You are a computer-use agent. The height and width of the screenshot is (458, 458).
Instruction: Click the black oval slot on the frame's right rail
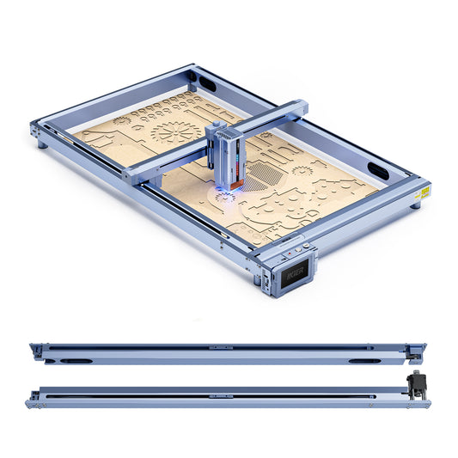click(378, 168)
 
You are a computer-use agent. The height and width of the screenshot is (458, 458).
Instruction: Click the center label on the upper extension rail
click(220, 348)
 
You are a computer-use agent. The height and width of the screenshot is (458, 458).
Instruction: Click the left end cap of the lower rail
click(32, 399)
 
